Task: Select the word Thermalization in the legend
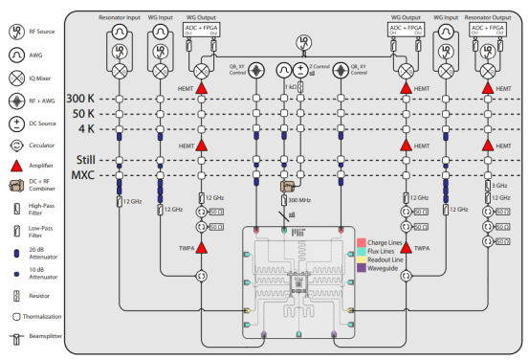(x=43, y=316)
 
